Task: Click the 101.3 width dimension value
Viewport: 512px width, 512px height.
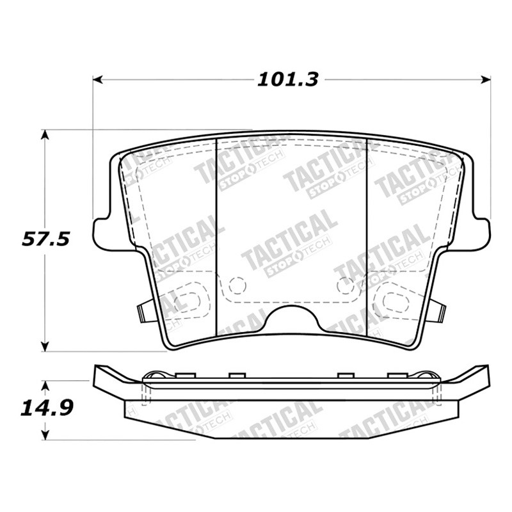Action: [x=287, y=79]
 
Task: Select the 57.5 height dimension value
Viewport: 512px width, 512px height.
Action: [x=45, y=239]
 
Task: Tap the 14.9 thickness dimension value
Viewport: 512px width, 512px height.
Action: [x=47, y=408]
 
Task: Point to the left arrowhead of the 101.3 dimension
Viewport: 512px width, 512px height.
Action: [x=98, y=79]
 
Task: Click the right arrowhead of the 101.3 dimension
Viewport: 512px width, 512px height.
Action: [x=486, y=79]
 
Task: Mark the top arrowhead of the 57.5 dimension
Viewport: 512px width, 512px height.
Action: [x=45, y=134]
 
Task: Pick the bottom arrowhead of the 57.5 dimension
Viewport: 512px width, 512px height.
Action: [x=45, y=346]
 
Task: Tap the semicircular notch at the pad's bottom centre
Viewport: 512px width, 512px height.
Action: [x=292, y=310]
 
